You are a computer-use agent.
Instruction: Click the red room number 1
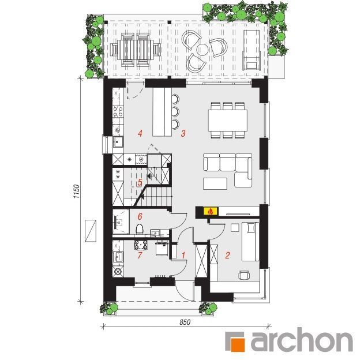(x=183, y=256)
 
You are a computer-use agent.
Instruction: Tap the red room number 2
(x=227, y=256)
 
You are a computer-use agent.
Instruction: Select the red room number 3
(x=183, y=133)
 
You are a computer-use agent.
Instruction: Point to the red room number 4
(x=140, y=133)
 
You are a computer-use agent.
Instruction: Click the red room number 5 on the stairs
(x=140, y=182)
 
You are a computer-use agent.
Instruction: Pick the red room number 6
(x=140, y=216)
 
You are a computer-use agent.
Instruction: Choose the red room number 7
(x=140, y=256)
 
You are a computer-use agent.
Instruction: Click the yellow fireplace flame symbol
(x=211, y=211)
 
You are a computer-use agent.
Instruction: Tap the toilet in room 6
(x=140, y=228)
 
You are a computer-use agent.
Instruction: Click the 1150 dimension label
(x=77, y=192)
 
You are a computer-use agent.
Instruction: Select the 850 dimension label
(x=185, y=322)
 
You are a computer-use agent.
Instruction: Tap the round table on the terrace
(x=203, y=49)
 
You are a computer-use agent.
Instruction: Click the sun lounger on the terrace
(x=252, y=50)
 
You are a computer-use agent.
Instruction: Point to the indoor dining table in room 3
(x=228, y=121)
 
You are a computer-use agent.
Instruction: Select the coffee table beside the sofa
(x=215, y=183)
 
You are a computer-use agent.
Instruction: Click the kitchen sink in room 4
(x=118, y=141)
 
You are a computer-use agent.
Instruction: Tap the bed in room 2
(x=250, y=242)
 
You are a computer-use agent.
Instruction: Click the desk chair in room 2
(x=244, y=275)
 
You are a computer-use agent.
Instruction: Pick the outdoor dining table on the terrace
(x=136, y=50)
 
